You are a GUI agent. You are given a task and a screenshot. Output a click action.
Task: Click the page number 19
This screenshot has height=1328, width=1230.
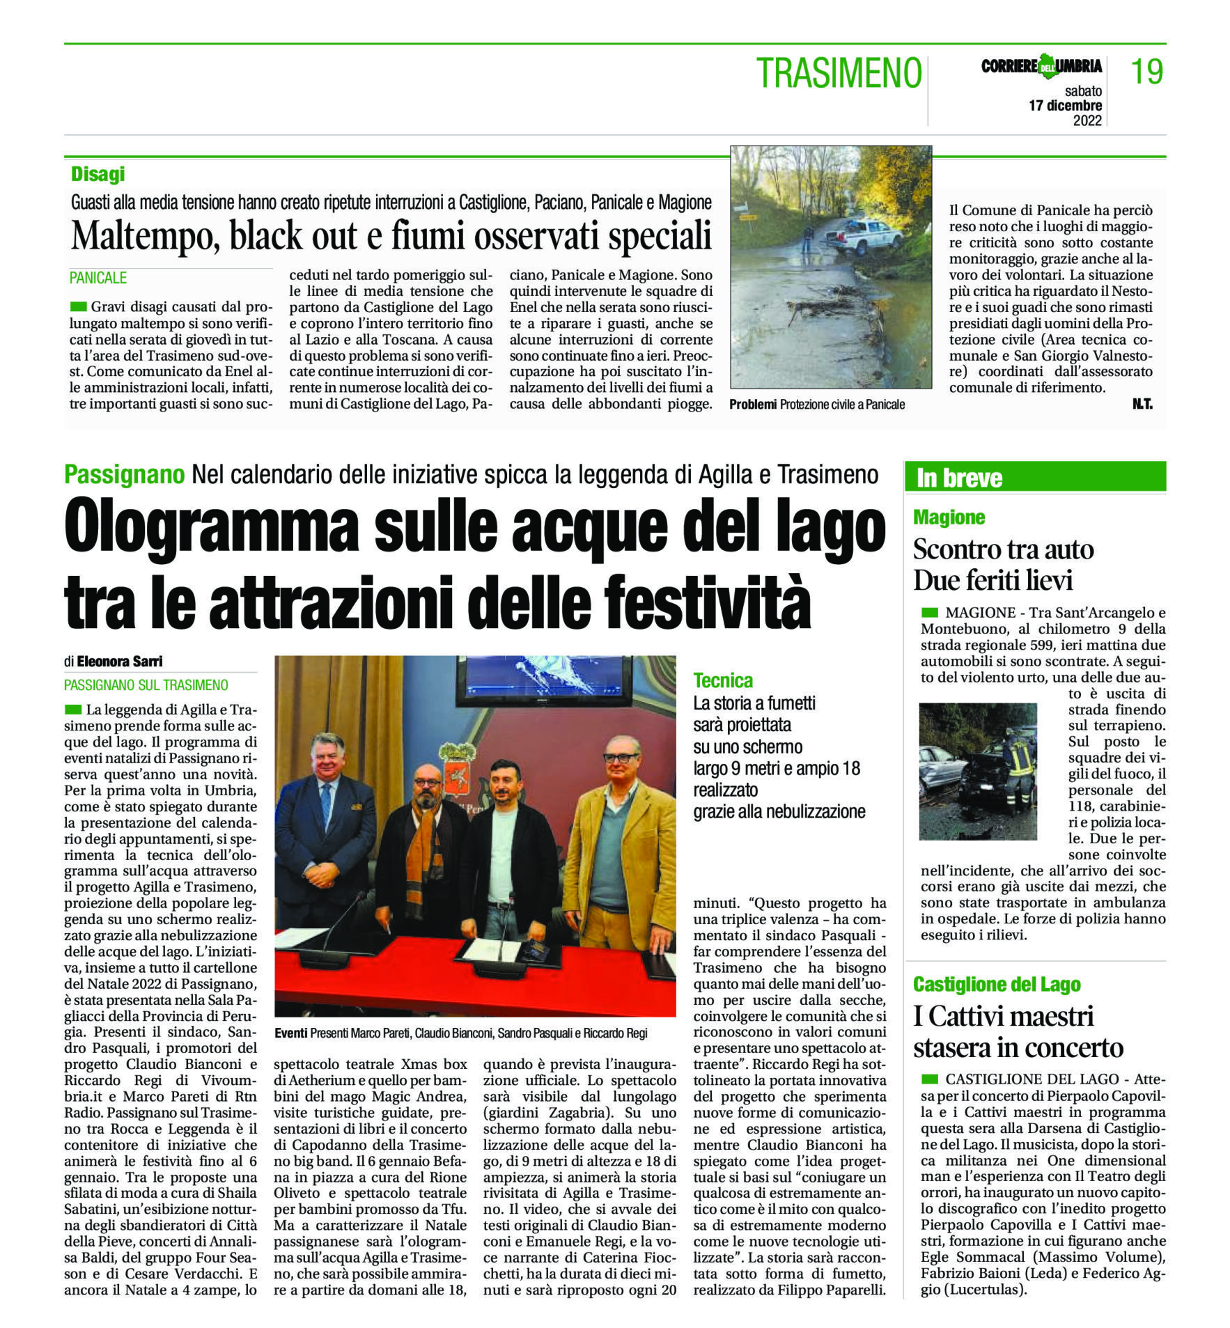pos(1146,72)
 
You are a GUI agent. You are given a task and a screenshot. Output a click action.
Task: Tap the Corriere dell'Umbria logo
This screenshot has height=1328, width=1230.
pos(1041,66)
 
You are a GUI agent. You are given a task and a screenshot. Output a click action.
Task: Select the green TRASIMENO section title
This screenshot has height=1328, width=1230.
pos(839,73)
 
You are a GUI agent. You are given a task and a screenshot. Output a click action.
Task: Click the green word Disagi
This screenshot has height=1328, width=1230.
pos(98,174)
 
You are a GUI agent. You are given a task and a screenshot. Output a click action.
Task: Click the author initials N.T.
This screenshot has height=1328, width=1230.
pos(1142,404)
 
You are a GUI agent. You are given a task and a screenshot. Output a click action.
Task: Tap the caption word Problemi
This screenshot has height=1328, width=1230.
pos(752,405)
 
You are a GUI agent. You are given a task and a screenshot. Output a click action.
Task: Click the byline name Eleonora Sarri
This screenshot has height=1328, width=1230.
pos(120,661)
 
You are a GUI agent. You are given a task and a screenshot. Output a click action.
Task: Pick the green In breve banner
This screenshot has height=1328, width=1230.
pos(1034,478)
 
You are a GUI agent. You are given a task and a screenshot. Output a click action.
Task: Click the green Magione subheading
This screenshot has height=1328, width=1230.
pos(949,517)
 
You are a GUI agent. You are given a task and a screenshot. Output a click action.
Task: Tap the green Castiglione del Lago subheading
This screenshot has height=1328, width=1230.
pos(997,985)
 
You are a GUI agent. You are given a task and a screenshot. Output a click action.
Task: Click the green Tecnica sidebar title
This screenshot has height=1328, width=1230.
pos(723,680)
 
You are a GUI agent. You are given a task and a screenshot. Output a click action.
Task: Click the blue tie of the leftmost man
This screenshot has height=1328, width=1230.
pos(325,808)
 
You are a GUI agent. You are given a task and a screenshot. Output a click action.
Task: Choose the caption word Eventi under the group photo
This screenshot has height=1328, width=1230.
pos(290,1033)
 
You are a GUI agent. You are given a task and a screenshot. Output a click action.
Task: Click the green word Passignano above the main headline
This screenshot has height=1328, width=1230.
pos(124,474)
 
